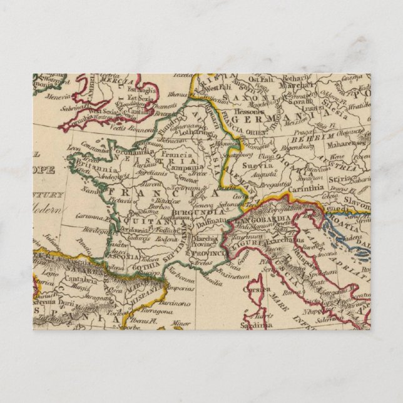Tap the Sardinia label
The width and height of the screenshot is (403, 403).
pos(259,326)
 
